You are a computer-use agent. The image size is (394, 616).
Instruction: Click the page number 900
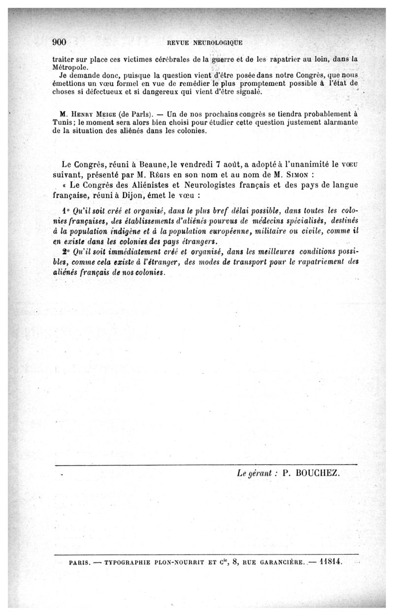point(59,41)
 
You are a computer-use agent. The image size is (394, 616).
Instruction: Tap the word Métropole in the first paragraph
point(70,66)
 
